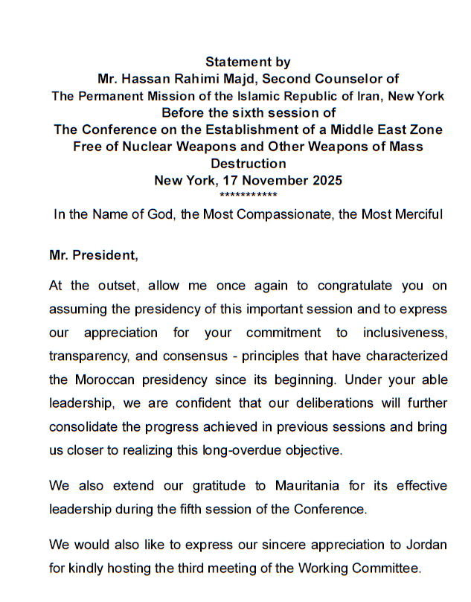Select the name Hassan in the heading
155,79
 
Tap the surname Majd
245,79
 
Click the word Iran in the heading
375,96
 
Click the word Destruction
248,164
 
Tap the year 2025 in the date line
325,180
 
